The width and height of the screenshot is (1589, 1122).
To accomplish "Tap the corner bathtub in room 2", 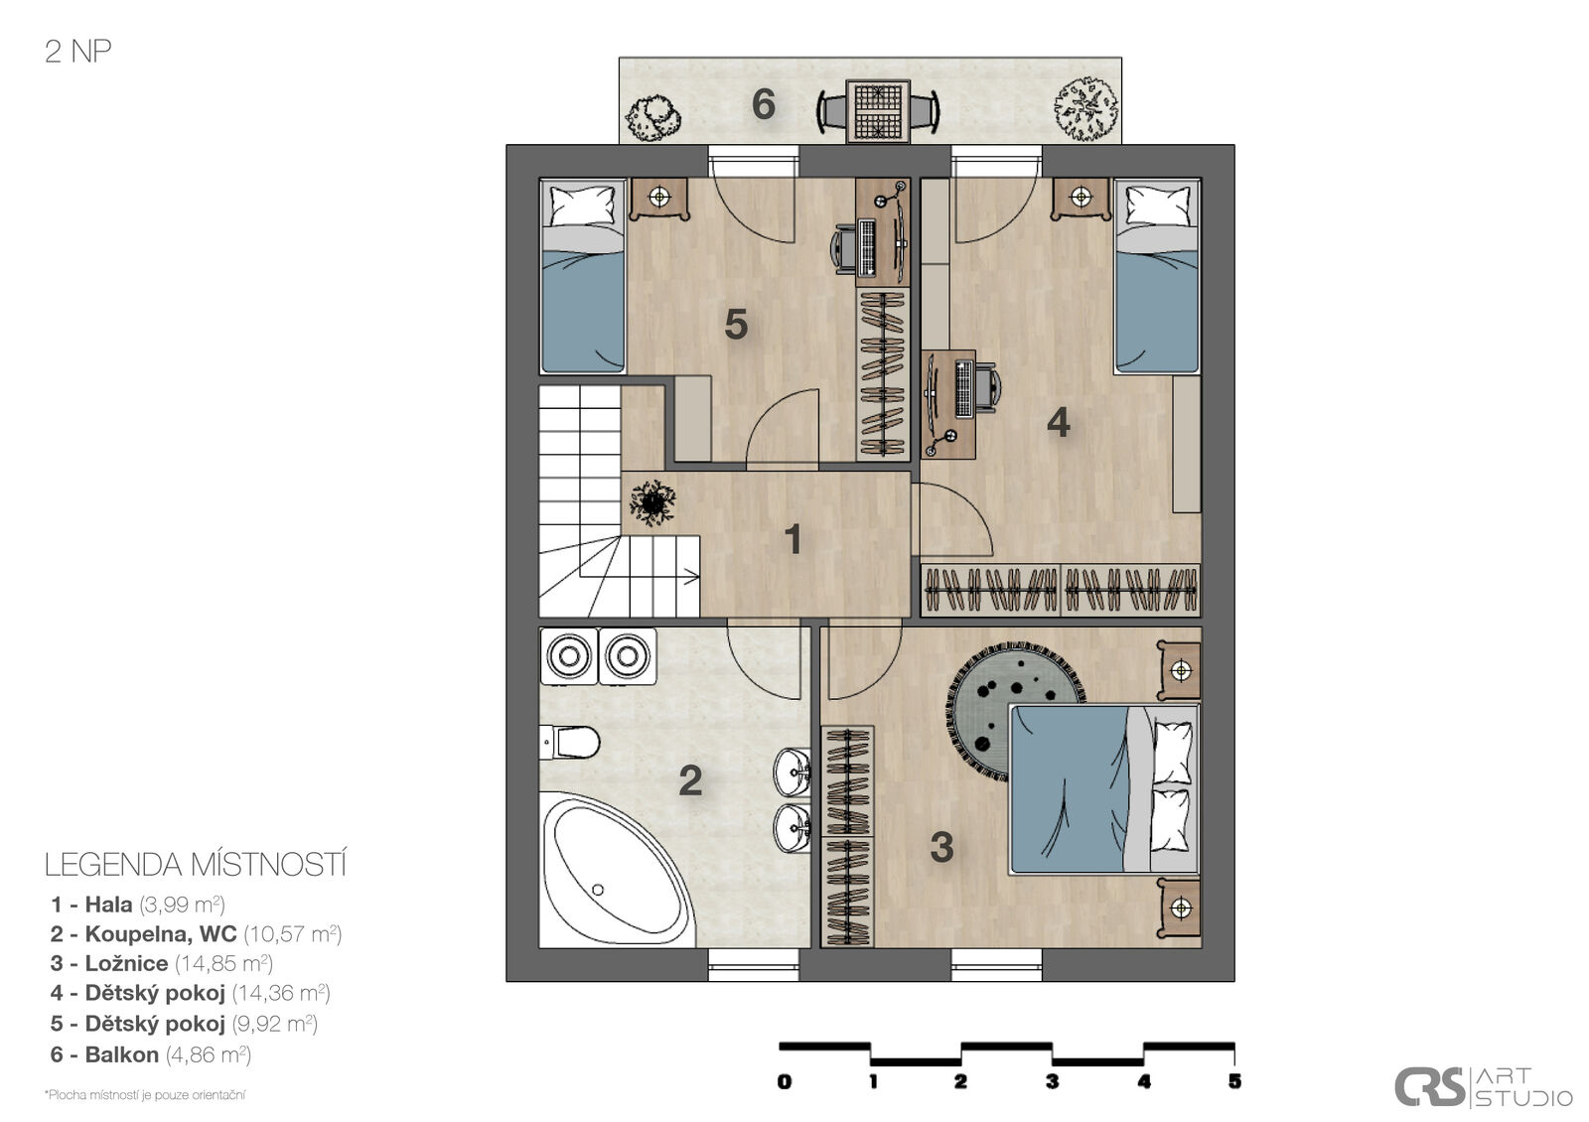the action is pos(616,871).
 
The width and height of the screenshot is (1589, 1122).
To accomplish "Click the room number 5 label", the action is pos(736,325).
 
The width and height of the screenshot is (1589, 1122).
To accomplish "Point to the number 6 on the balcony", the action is pos(764,105).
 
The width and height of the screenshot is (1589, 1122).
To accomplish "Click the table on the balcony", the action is pos(878,111).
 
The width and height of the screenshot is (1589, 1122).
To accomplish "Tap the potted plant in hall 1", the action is pos(651,502).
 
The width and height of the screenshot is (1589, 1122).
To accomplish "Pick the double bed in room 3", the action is pos(1104,788).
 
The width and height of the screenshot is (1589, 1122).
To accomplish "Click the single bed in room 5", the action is pos(582,276).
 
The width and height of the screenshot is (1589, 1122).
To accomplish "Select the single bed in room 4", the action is pos(1157,276).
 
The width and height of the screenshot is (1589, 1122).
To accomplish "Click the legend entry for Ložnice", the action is pos(162,963).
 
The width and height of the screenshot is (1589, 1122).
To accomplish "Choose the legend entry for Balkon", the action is pos(150,1054).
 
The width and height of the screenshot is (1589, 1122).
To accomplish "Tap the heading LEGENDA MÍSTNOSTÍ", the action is pos(196,865).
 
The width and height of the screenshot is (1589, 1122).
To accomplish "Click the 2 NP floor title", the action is pos(78,51).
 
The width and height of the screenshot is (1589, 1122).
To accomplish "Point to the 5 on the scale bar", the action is pos(1235,1081).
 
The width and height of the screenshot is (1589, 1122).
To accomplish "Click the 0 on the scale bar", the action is pos(784,1081).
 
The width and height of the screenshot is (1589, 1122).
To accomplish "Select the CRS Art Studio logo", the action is pos(1484,1086).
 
